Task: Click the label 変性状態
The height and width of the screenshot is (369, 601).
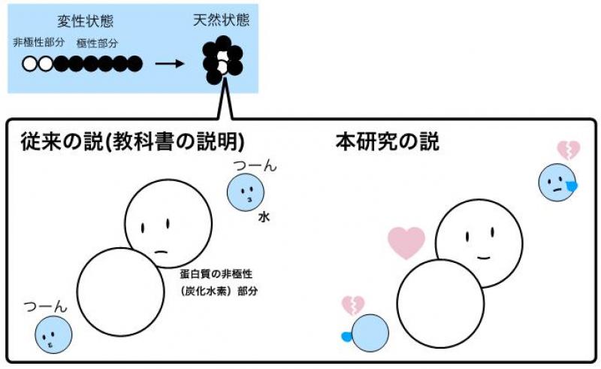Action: [x=86, y=21]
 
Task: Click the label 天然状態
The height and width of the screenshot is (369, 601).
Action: [x=221, y=20]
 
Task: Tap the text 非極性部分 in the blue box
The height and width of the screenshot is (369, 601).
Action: [x=39, y=42]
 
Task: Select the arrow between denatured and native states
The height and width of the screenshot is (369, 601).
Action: [x=170, y=64]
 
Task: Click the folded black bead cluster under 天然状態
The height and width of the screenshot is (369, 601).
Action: [x=222, y=60]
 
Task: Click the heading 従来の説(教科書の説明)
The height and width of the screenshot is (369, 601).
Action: [x=133, y=142]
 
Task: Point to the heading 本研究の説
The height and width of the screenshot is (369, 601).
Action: [x=387, y=141]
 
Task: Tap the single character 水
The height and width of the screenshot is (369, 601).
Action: [x=264, y=217]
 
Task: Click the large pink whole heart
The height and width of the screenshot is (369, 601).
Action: [x=406, y=243]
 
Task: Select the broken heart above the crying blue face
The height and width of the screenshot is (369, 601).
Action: [x=569, y=150]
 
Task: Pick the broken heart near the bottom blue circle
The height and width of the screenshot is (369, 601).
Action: [x=353, y=305]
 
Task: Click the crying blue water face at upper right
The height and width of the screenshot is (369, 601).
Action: [x=557, y=183]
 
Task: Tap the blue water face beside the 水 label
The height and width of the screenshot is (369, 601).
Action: [x=246, y=192]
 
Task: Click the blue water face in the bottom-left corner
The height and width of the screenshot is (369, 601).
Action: [x=53, y=334]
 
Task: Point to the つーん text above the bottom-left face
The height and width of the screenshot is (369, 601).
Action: [x=45, y=307]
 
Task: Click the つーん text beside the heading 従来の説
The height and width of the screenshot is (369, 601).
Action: [x=255, y=165]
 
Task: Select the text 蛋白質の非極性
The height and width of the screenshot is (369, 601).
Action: [x=216, y=274]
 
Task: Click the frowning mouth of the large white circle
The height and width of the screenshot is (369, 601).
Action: [x=161, y=252]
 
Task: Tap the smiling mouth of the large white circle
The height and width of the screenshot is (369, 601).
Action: [x=484, y=256]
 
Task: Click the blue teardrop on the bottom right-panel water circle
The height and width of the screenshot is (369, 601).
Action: [x=346, y=337]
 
